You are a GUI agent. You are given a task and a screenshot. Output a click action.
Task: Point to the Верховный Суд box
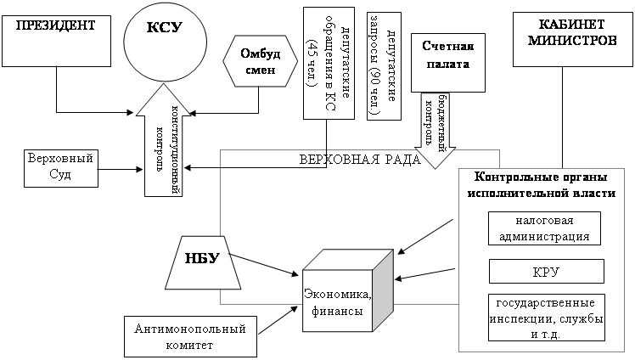59,168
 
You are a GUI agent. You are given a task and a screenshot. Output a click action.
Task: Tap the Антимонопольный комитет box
189,336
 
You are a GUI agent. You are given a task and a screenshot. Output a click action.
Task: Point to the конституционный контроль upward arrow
163,144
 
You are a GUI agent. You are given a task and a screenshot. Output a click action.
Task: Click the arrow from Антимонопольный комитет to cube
278,321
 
